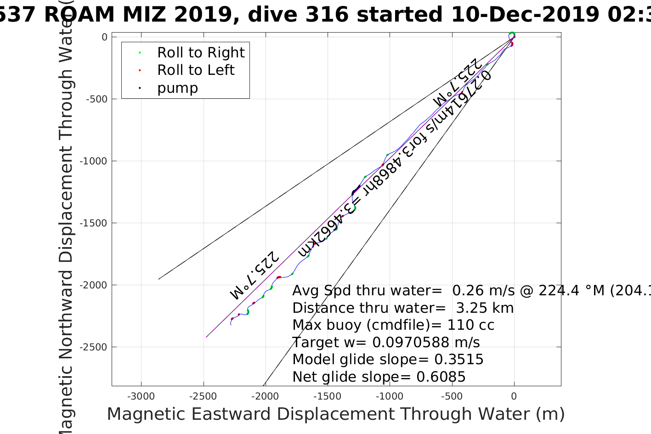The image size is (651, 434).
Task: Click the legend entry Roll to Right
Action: (x=201, y=53)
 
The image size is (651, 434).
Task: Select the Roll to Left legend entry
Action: (x=196, y=70)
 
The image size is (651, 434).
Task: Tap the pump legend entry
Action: (x=177, y=88)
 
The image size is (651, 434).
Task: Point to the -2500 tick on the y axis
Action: (x=94, y=347)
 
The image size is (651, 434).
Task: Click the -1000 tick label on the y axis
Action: (x=94, y=161)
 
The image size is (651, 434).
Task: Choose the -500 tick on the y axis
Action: (x=96, y=99)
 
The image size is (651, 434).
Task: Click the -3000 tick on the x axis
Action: (x=141, y=396)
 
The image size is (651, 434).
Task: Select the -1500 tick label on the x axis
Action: (x=327, y=396)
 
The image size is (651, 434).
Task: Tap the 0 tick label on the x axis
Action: (x=514, y=396)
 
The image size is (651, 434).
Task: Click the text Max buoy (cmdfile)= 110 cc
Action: (x=393, y=325)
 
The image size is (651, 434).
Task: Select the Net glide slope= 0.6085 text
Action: (x=379, y=377)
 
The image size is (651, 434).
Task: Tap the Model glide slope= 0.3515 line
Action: (x=388, y=360)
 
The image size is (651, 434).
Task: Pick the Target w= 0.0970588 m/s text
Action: (x=386, y=343)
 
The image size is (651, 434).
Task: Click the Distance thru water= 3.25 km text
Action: (x=403, y=308)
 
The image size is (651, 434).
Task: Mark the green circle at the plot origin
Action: (x=512, y=34)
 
